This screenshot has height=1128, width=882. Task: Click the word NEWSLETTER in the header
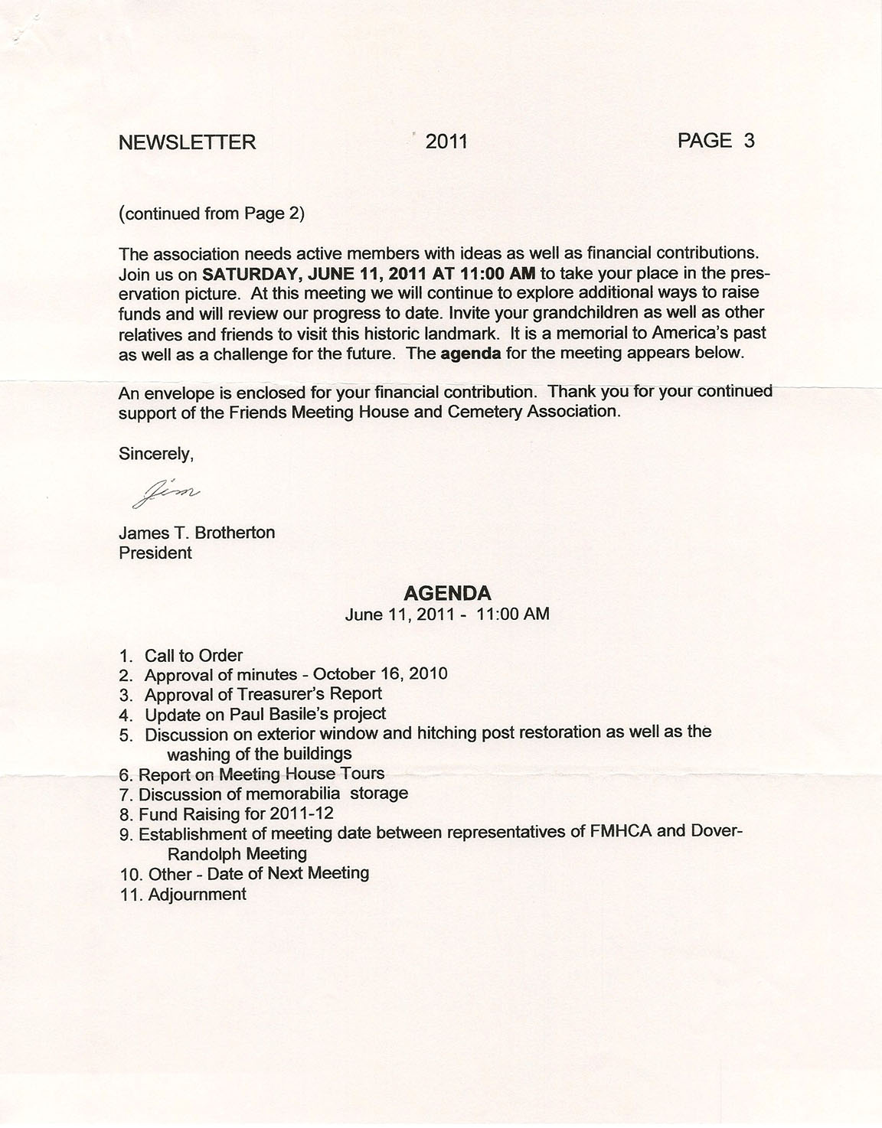coord(188,142)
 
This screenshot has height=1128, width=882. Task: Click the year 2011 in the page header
coord(446,142)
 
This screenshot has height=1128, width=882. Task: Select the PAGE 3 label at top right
coord(716,141)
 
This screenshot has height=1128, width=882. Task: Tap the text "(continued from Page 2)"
coord(211,214)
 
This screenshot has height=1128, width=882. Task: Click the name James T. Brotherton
coord(197,533)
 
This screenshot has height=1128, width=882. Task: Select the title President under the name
coord(155,553)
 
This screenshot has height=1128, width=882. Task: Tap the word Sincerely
coord(156,454)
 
